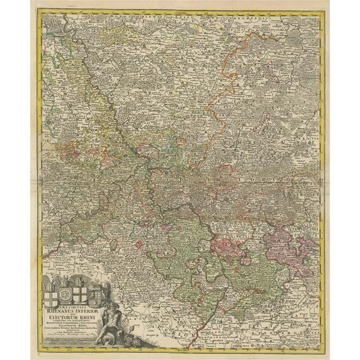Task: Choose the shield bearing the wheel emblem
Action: tap(65, 296)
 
